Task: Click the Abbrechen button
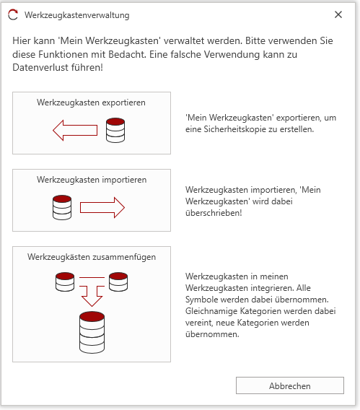pyautogui.click(x=290, y=385)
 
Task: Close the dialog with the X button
pyautogui.click(x=338, y=14)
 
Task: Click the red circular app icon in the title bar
pyautogui.click(x=13, y=14)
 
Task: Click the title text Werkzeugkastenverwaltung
pyautogui.click(x=77, y=15)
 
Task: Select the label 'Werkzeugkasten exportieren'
pyautogui.click(x=91, y=102)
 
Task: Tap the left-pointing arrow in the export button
pyautogui.click(x=75, y=130)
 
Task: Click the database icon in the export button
pyautogui.click(x=115, y=130)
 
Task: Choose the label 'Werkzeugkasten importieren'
pyautogui.click(x=92, y=180)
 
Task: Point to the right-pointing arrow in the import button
pyautogui.click(x=102, y=208)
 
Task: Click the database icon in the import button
pyautogui.click(x=62, y=207)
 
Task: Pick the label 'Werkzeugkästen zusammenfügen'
pyautogui.click(x=92, y=257)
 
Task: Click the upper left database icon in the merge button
pyautogui.click(x=65, y=282)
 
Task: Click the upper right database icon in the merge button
pyautogui.click(x=118, y=282)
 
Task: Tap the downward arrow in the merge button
pyautogui.click(x=92, y=296)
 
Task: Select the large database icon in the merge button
pyautogui.click(x=92, y=332)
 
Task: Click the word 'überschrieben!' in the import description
pyautogui.click(x=214, y=213)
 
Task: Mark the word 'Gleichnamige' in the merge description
pyautogui.click(x=211, y=311)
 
